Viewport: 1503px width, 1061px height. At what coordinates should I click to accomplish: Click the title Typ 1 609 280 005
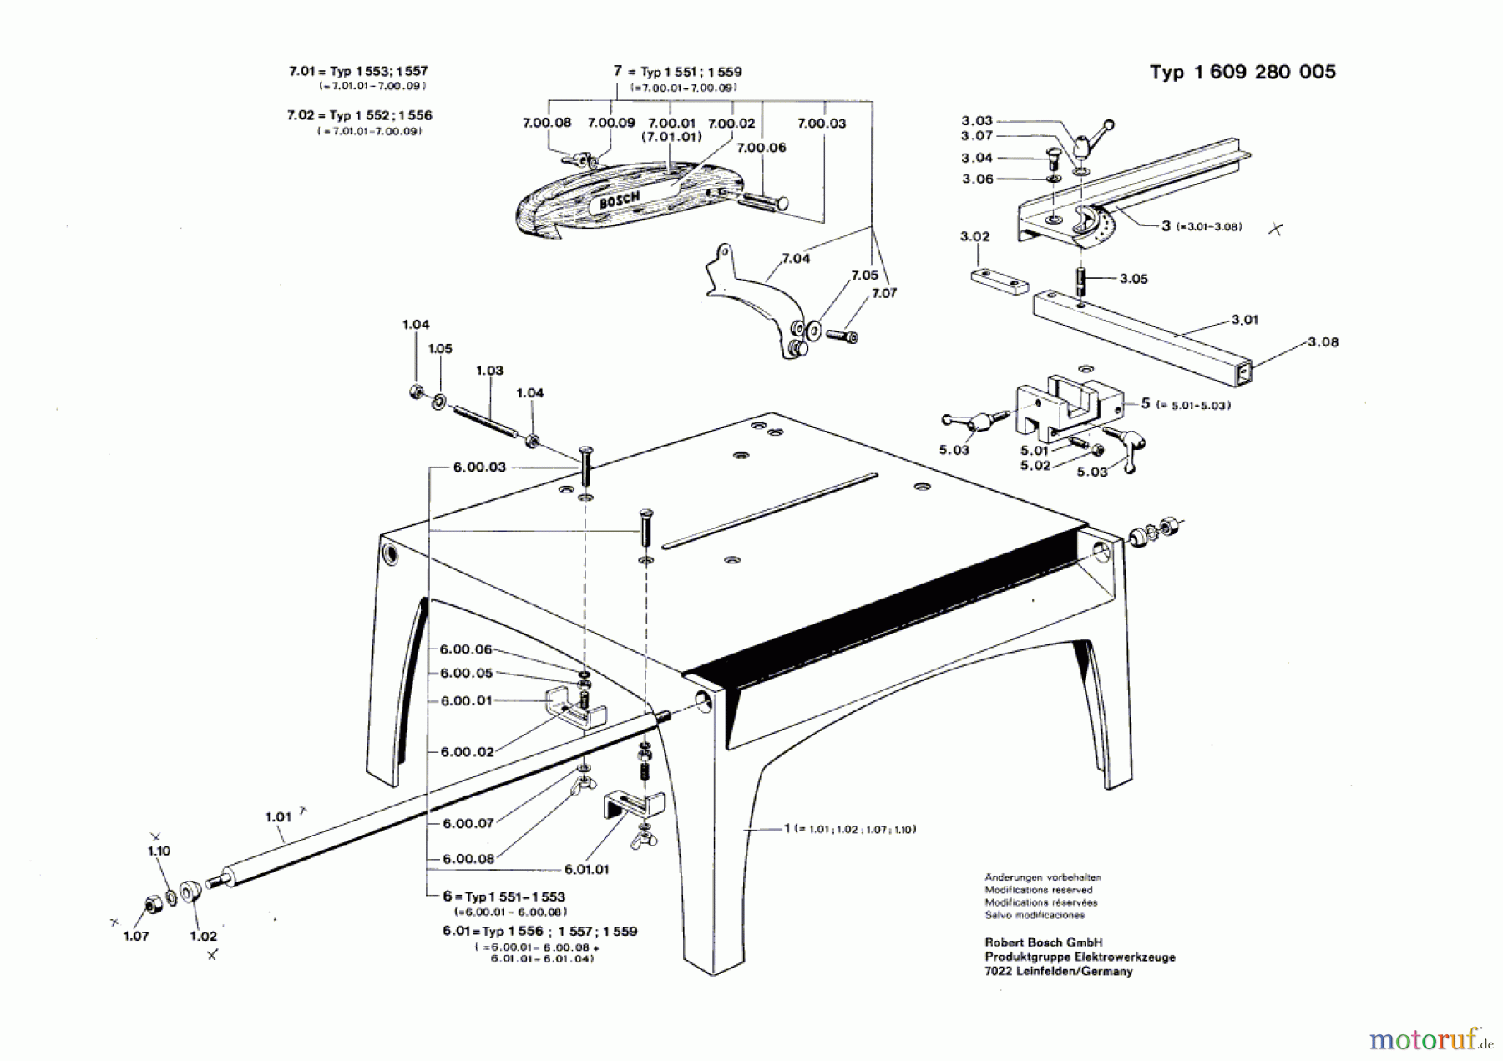[x=1242, y=72]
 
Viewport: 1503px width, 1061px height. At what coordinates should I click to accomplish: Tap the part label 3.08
[x=1323, y=342]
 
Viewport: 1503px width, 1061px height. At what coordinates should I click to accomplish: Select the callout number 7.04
[x=795, y=259]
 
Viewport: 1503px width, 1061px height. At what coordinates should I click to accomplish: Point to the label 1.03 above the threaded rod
[x=489, y=371]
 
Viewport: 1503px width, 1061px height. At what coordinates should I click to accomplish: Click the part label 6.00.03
[x=479, y=467]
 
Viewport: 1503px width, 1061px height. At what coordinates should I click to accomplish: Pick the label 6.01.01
[x=586, y=869]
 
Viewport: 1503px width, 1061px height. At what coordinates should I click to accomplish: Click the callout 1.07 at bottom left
[x=135, y=936]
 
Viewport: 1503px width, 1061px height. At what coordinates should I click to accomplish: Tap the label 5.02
[x=1035, y=465]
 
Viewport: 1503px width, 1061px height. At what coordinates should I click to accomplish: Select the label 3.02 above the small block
[x=974, y=237]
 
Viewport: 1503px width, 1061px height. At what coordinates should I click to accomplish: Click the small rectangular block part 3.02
[x=998, y=281]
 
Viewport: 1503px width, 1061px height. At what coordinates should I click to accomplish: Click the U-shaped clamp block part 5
[x=1065, y=407]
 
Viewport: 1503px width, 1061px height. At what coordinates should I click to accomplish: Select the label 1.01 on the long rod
[x=278, y=816]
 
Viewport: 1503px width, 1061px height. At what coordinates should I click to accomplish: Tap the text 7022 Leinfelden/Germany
[x=1058, y=972]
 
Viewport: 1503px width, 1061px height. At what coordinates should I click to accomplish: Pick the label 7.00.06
[x=761, y=148]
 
